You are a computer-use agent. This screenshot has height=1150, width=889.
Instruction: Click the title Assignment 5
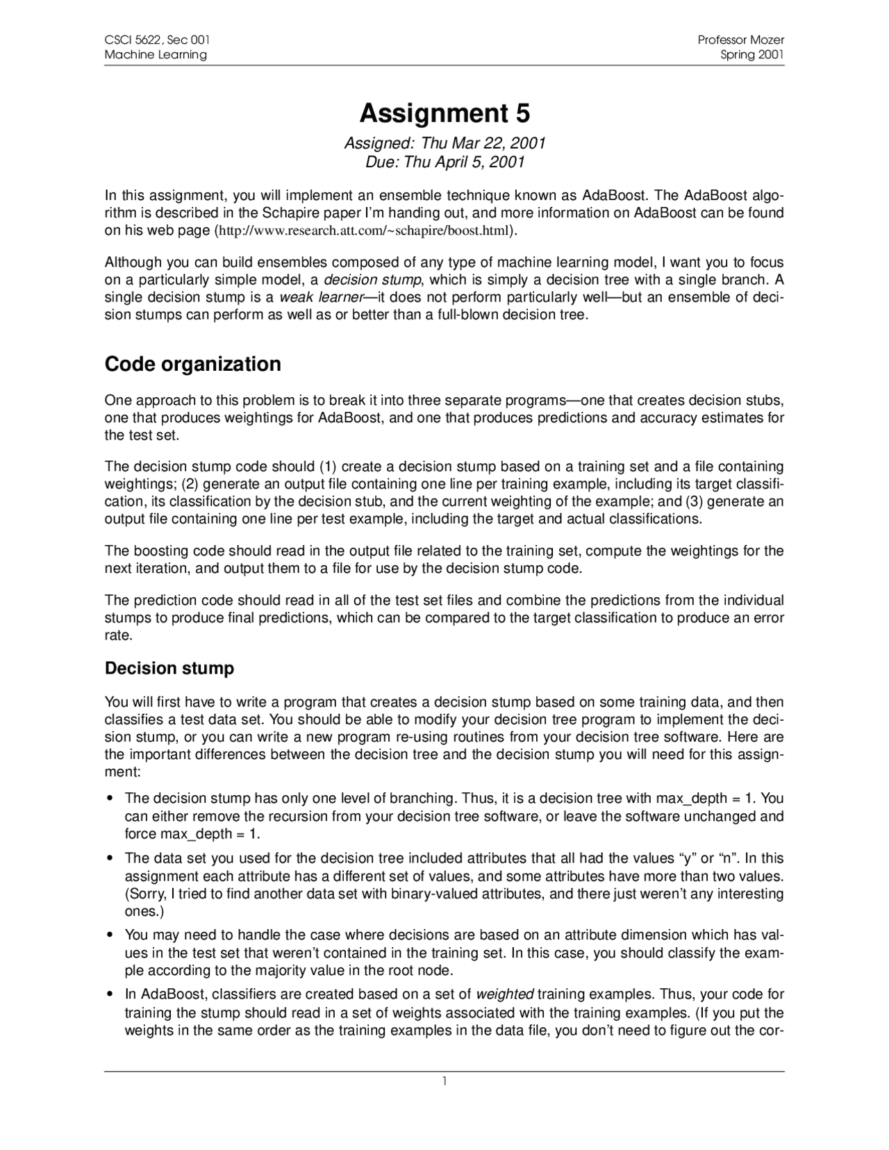[444, 112]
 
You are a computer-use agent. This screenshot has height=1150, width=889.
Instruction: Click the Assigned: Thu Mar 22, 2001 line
[444, 143]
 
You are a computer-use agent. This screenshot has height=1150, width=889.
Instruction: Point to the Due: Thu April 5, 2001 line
[444, 162]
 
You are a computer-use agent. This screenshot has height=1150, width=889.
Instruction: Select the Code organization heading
[192, 364]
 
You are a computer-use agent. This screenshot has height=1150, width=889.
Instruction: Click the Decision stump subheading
[169, 668]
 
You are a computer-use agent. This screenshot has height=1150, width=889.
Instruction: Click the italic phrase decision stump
[372, 281]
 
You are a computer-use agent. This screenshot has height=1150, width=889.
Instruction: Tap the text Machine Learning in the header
[156, 55]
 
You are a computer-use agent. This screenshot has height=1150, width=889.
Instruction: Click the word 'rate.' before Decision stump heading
[117, 635]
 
